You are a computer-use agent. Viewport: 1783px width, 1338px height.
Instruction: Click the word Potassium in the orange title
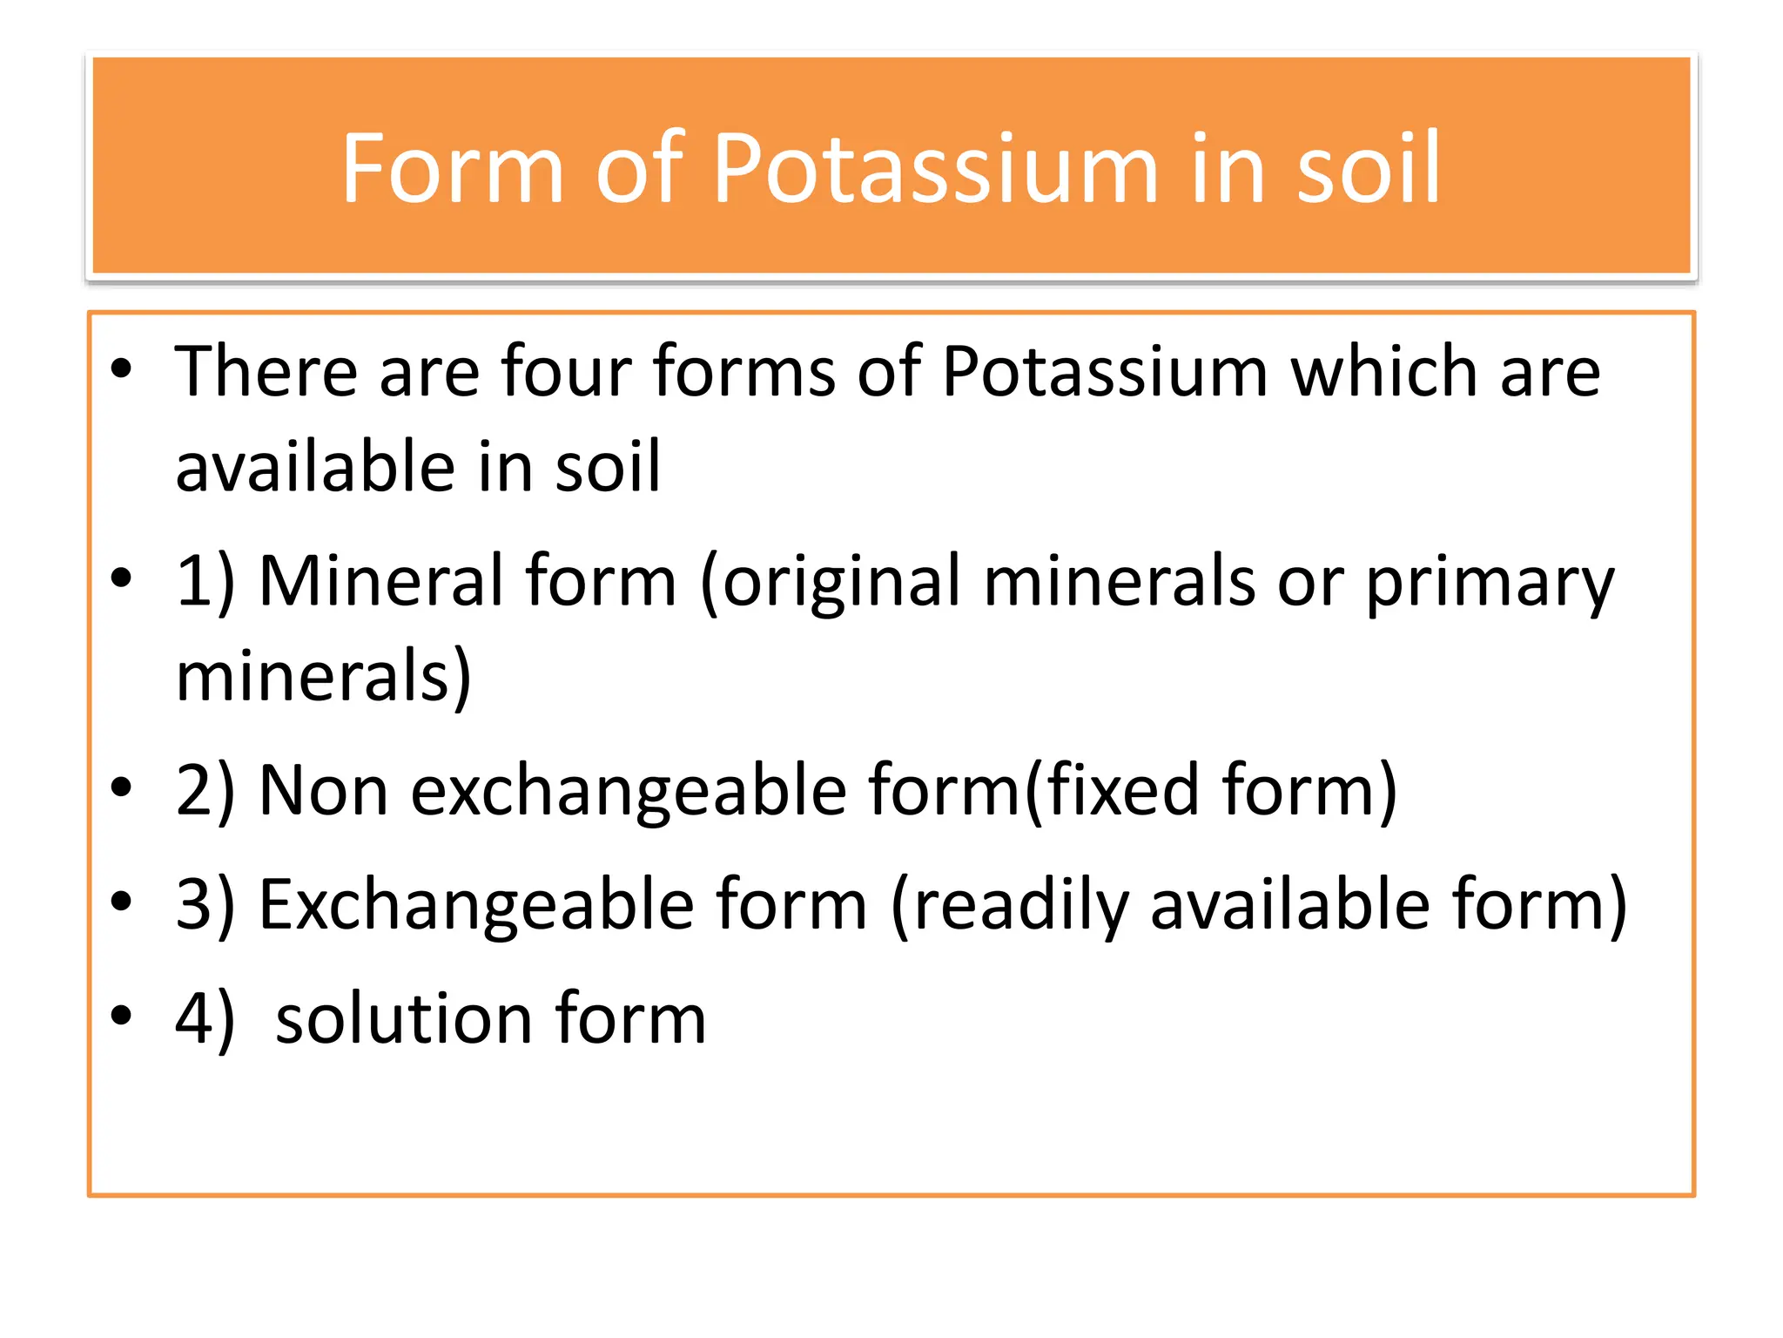coord(935,169)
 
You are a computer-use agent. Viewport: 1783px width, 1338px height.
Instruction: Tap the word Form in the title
coord(452,169)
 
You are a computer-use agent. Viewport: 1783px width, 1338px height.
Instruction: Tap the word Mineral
coord(380,582)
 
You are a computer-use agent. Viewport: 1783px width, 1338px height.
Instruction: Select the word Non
coord(323,791)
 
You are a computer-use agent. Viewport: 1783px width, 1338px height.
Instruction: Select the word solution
coord(404,1019)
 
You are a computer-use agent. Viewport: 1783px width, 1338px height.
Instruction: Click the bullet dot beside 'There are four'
coord(121,369)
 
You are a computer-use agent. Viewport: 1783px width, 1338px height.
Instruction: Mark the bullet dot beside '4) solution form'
coord(121,1016)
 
